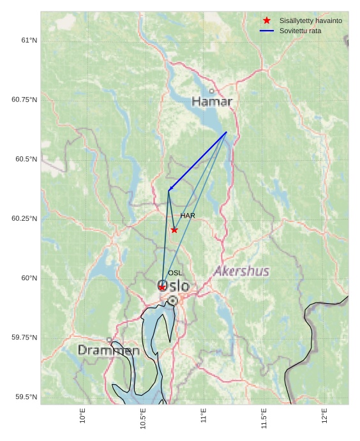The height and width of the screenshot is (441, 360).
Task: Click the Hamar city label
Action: [x=212, y=101]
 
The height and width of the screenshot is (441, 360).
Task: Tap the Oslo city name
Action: [x=174, y=286]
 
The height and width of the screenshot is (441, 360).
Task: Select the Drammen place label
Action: [x=109, y=350]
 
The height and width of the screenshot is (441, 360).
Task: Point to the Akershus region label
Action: [x=241, y=271]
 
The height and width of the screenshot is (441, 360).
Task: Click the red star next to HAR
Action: [x=174, y=230]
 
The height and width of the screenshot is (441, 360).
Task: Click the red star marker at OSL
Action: [x=162, y=287]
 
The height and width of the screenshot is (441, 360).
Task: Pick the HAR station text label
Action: [x=188, y=216]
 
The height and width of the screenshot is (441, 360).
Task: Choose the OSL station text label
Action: [x=175, y=273]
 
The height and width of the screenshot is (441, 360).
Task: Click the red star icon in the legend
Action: [x=267, y=20]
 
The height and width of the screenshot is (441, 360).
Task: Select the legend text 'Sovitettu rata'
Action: [x=301, y=31]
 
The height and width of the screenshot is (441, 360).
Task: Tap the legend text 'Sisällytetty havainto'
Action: [x=311, y=20]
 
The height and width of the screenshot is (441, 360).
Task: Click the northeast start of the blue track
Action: [x=227, y=132]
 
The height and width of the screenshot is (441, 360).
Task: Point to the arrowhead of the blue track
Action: [x=170, y=189]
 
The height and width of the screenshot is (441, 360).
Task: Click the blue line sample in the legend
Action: [x=267, y=31]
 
